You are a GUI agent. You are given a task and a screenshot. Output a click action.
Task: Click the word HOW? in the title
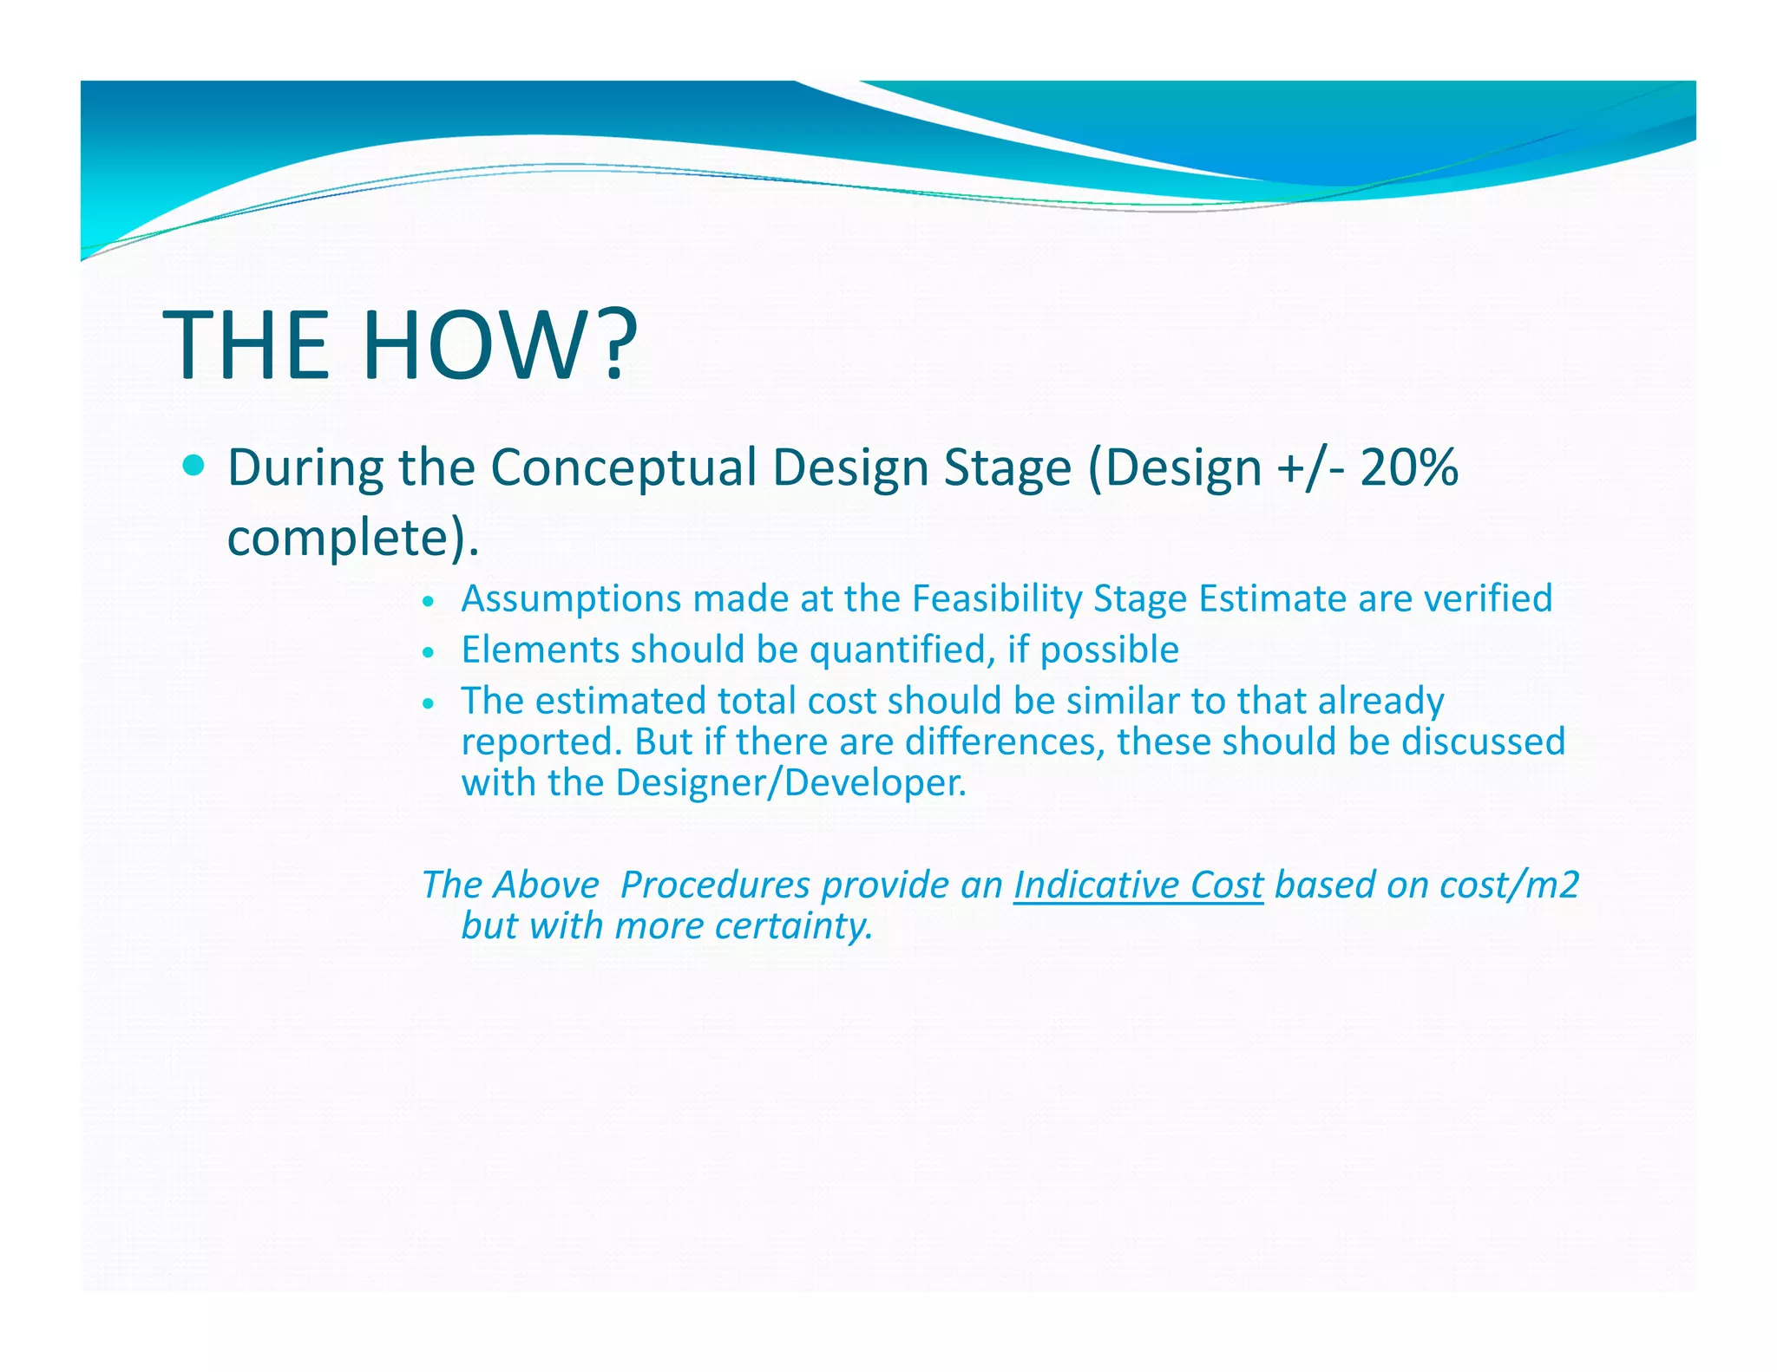(x=499, y=344)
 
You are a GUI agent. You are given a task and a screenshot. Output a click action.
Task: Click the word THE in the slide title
(x=246, y=344)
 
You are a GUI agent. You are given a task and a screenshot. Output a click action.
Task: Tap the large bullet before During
(x=194, y=467)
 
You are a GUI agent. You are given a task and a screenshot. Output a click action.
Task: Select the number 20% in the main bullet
(x=1409, y=468)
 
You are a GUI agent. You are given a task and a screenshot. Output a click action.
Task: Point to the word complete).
(x=352, y=538)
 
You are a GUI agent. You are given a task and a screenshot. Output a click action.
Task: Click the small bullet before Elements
(x=427, y=652)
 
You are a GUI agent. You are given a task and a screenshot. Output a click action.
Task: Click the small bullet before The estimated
(x=427, y=703)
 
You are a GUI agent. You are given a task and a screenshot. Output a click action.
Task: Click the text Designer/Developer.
(x=790, y=783)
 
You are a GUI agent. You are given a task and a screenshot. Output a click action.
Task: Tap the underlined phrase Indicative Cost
(x=1138, y=885)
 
